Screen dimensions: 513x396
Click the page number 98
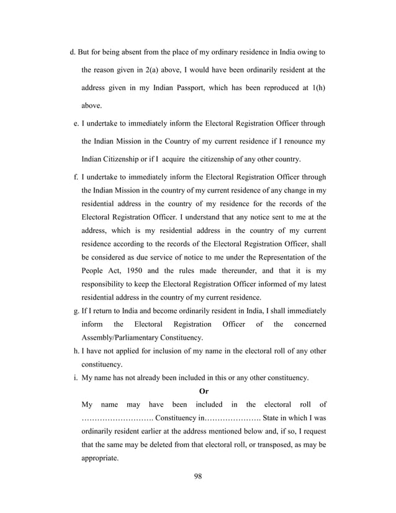[x=198, y=476]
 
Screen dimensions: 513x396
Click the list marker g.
[x=75, y=311]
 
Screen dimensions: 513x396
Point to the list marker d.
[x=72, y=50]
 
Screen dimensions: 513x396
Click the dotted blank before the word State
[x=232, y=418]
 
